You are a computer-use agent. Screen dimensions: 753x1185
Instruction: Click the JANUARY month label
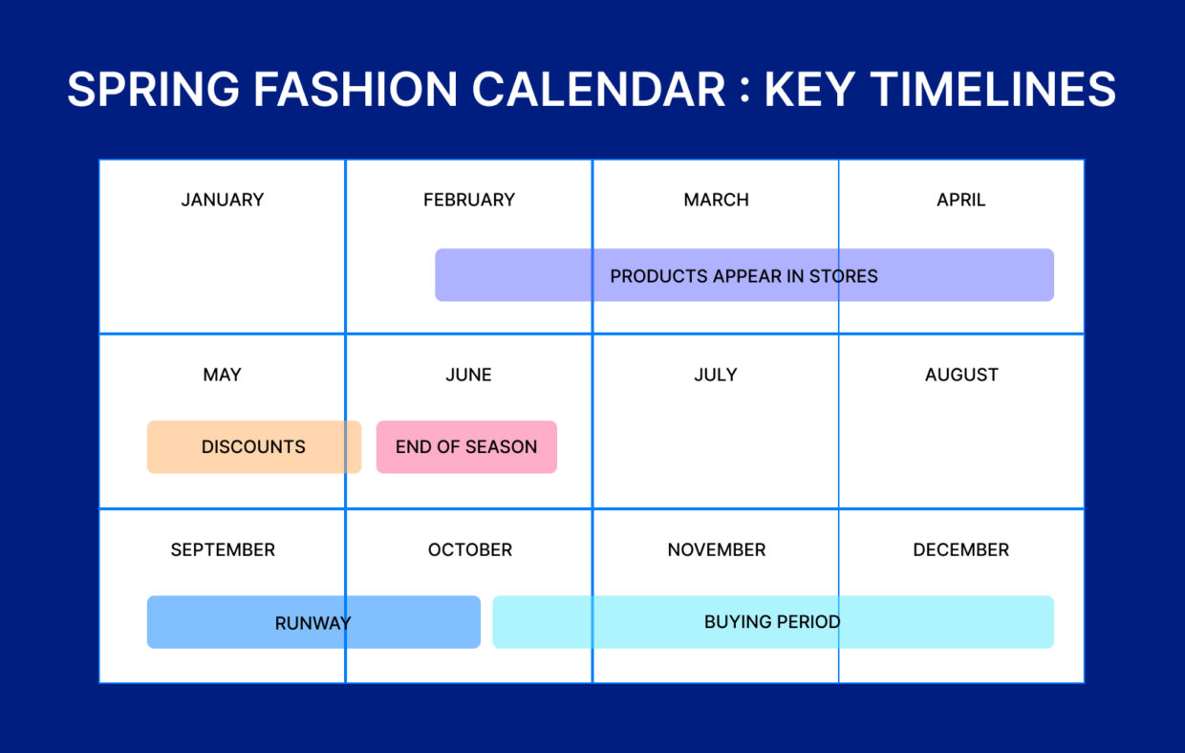click(222, 200)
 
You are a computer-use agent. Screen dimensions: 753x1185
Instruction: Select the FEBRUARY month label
click(468, 200)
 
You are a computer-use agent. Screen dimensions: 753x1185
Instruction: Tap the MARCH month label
click(716, 200)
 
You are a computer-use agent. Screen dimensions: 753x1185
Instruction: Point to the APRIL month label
click(960, 200)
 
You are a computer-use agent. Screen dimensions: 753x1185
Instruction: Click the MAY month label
click(222, 375)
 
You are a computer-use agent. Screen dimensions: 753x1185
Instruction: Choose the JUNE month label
click(468, 375)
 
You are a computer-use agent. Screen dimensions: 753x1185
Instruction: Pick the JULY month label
click(716, 375)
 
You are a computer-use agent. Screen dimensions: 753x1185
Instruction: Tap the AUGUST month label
click(961, 375)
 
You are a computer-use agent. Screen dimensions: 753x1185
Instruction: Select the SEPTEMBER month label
click(223, 549)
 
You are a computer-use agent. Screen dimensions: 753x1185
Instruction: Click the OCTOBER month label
click(469, 549)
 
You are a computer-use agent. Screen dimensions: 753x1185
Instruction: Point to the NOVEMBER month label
click(716, 549)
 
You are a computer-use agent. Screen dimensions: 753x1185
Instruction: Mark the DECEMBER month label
click(960, 549)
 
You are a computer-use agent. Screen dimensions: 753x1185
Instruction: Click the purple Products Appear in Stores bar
click(743, 275)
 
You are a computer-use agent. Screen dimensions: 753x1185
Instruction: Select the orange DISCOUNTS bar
click(253, 447)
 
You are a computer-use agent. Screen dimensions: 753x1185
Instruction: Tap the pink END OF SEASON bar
click(466, 447)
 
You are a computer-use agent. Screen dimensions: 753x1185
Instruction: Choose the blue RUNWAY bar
click(312, 622)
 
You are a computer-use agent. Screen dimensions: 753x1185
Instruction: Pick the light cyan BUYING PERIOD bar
click(772, 622)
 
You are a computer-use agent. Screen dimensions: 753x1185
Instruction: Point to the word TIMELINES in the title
click(994, 90)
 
